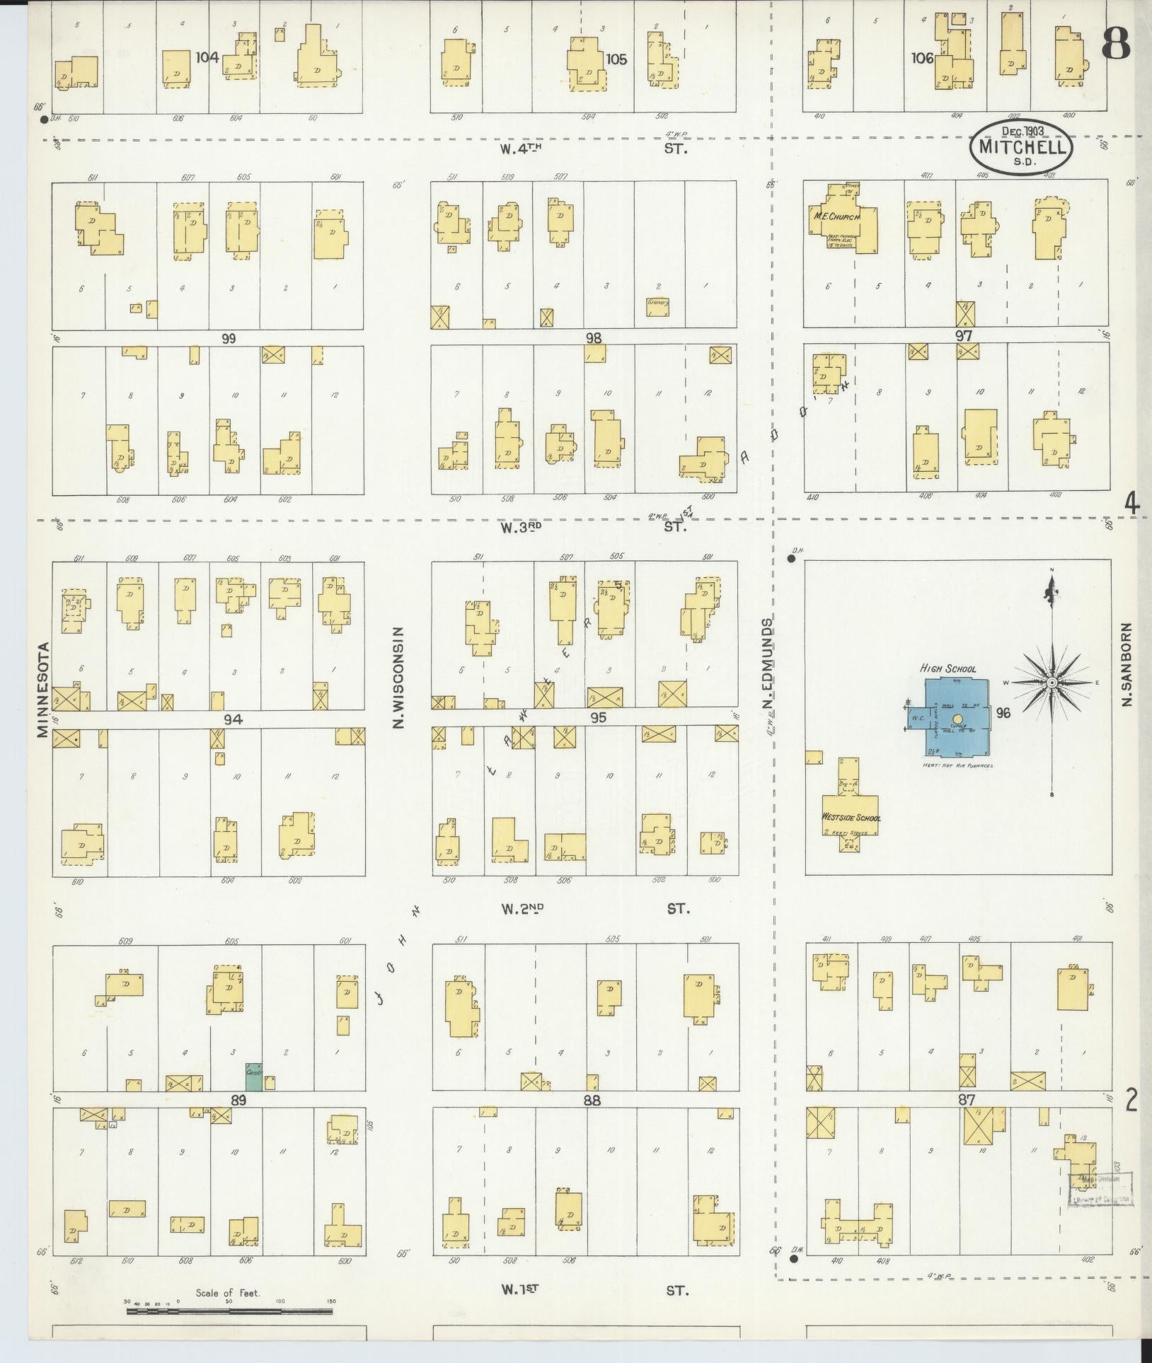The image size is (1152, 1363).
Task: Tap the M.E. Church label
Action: pos(834,218)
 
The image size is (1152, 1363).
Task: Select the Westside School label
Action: pos(851,818)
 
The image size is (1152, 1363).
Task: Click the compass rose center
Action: pos(1052,682)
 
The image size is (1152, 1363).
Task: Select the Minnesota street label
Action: pos(44,690)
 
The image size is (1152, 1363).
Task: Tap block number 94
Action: pos(234,719)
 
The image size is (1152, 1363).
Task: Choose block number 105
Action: pos(616,59)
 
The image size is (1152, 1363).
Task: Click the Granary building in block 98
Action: pos(657,306)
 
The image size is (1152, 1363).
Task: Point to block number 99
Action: pos(228,338)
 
